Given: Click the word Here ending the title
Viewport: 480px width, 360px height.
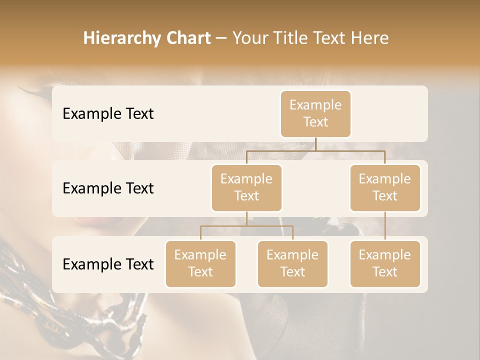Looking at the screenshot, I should point(369,38).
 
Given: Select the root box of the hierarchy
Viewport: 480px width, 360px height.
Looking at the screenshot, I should point(315,114).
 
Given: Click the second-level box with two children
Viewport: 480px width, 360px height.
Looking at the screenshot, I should point(246,188).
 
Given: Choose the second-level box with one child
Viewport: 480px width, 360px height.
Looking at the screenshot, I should point(385,188).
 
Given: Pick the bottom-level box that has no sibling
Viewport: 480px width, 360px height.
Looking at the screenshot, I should point(385,264).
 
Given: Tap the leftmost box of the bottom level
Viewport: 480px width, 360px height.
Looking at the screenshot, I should point(200,264).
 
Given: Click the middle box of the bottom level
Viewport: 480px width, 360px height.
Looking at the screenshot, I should point(292,264).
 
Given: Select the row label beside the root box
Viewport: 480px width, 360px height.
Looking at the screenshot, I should point(108,114).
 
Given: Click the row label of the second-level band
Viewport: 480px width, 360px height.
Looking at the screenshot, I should point(108,188).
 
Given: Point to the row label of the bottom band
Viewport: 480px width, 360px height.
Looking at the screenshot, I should point(108,264).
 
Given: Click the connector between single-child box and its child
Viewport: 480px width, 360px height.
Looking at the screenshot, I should point(385,226).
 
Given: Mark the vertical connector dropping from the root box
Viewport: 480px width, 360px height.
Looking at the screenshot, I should point(315,144).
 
